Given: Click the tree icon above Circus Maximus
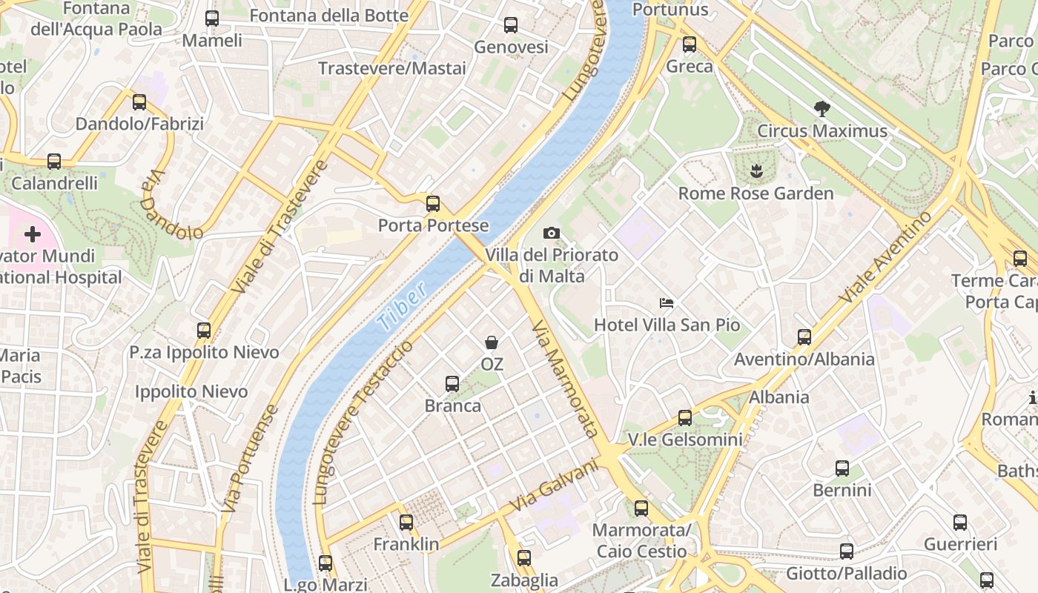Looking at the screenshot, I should coord(822,110).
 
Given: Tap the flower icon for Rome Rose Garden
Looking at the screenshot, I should coord(756,172).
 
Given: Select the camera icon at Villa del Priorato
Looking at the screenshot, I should coord(551,233).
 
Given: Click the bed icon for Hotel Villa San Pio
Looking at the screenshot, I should coord(667,303).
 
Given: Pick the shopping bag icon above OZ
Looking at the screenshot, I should coord(492,342).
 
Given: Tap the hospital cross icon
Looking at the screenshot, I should coord(33,235).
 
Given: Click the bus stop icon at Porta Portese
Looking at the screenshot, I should coord(433,204).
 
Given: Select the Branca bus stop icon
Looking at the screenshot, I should coord(452,384).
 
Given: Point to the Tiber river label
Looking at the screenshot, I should coord(402,306).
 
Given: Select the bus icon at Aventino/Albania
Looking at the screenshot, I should coord(804,337).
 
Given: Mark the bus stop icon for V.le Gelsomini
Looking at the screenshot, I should coord(685,418).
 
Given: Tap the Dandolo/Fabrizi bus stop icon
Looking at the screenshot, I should coord(139,102).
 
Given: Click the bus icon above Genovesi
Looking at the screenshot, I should coord(511,25).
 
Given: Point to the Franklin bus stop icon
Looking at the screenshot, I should coord(406,523).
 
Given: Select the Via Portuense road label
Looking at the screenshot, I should coord(250,459).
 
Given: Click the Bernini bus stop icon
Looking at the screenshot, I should coord(842,468).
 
